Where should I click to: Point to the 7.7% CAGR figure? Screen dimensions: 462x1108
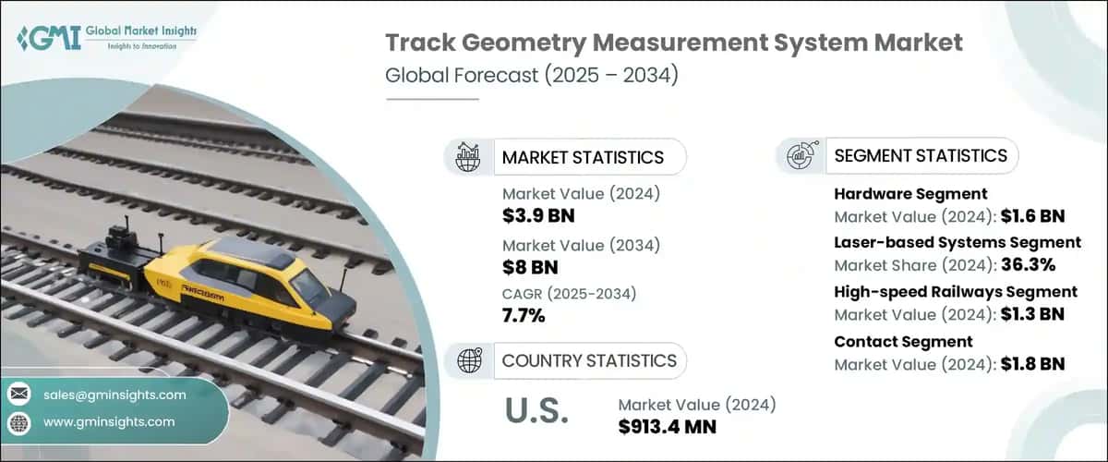click(524, 317)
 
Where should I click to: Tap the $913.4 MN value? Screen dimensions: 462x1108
click(667, 428)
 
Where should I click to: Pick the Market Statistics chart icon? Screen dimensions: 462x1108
click(467, 157)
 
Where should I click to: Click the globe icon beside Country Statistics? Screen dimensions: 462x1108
click(467, 359)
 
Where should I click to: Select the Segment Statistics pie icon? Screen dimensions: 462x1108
click(800, 155)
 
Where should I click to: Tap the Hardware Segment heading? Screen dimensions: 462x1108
click(910, 194)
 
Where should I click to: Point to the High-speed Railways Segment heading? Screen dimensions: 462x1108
click(956, 291)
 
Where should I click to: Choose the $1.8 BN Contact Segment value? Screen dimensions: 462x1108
click(1033, 363)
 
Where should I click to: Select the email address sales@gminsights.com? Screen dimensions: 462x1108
click(114, 395)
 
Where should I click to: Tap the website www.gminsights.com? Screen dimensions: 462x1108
click(109, 421)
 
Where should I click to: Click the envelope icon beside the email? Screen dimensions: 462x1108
click(18, 395)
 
